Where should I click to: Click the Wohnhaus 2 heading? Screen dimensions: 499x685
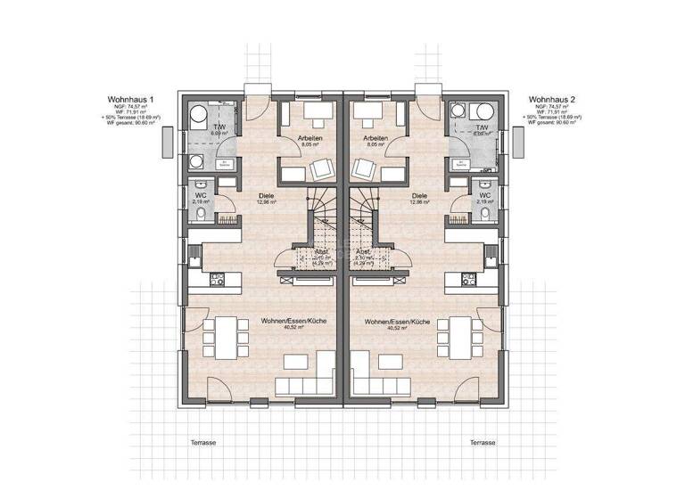[x=554, y=98]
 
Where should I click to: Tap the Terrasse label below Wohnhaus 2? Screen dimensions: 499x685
[x=482, y=441]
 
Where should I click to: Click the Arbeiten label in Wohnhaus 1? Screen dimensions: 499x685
[x=309, y=139]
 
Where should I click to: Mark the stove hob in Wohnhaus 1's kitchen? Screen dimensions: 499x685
[x=216, y=279]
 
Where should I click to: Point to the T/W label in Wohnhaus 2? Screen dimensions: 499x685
[x=483, y=128]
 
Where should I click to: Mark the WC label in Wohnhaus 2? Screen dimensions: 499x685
[x=484, y=194]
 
